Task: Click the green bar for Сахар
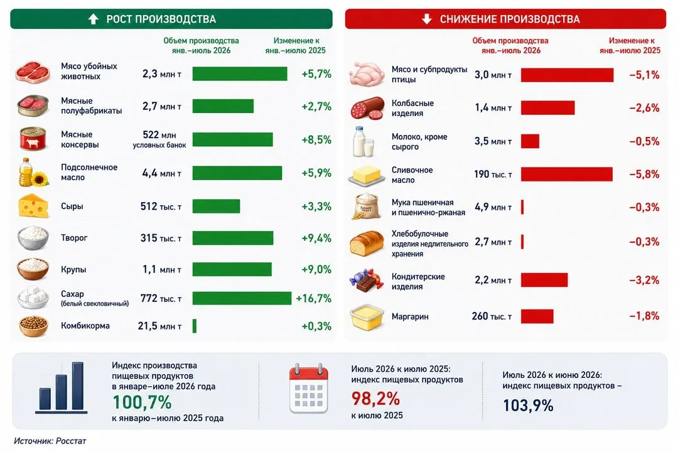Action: [242, 298]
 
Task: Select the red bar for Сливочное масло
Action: [566, 175]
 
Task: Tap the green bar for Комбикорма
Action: [195, 326]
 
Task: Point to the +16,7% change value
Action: [313, 298]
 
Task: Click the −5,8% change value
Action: [644, 175]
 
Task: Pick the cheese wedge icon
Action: [33, 206]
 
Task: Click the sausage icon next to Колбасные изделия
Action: [367, 108]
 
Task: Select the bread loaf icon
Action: [367, 243]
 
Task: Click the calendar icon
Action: [309, 389]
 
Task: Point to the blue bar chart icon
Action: [62, 387]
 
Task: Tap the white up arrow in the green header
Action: [93, 19]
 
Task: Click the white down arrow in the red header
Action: [427, 19]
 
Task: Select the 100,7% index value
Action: [142, 402]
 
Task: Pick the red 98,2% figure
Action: [375, 399]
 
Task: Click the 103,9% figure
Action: [528, 406]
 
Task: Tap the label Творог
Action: [74, 237]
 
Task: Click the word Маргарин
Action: [410, 316]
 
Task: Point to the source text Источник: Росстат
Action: [50, 441]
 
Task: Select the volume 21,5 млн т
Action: [159, 326]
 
